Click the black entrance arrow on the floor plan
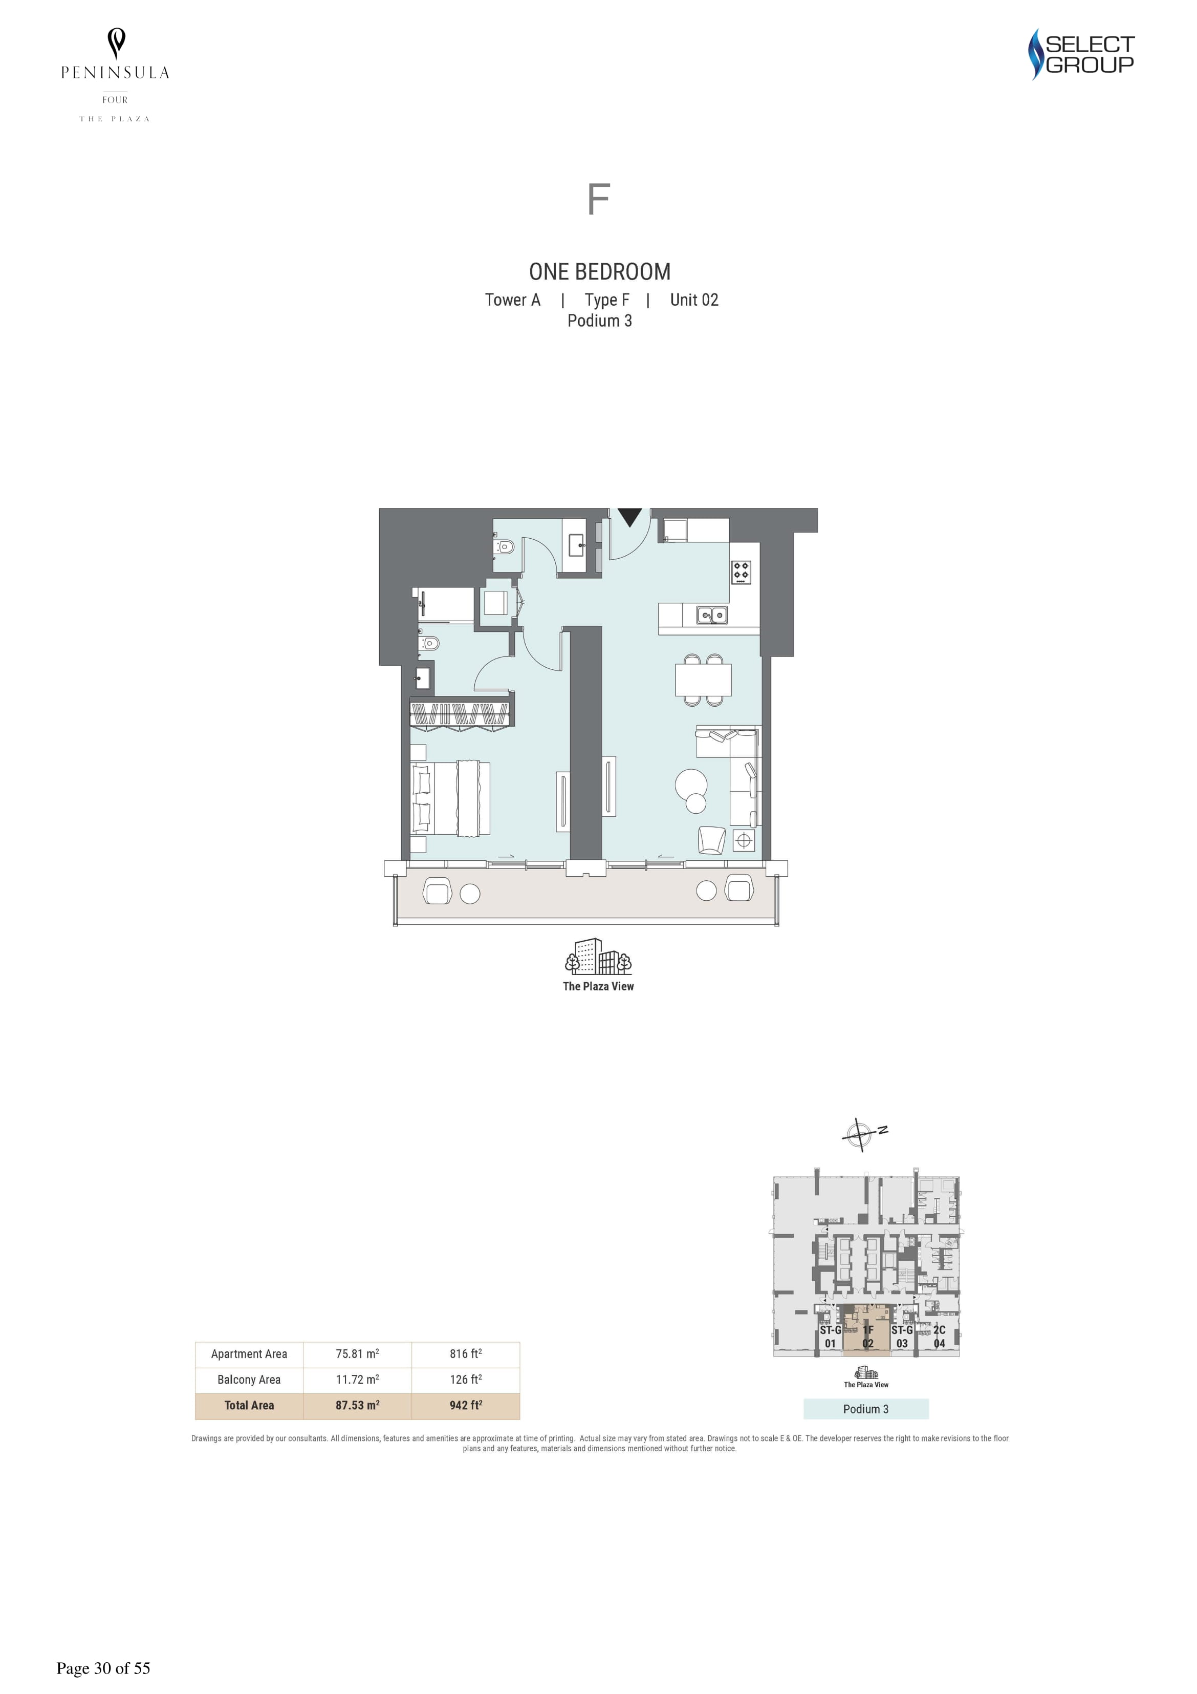[x=629, y=517]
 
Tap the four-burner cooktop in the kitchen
[x=741, y=572]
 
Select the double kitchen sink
[x=712, y=615]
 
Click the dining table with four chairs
[x=703, y=680]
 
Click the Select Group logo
[x=1081, y=54]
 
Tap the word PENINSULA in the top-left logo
[x=115, y=72]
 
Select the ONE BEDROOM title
[x=600, y=271]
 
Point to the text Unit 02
[x=694, y=300]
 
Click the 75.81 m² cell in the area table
[x=358, y=1353]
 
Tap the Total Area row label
[x=249, y=1405]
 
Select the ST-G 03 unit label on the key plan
[x=902, y=1336]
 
